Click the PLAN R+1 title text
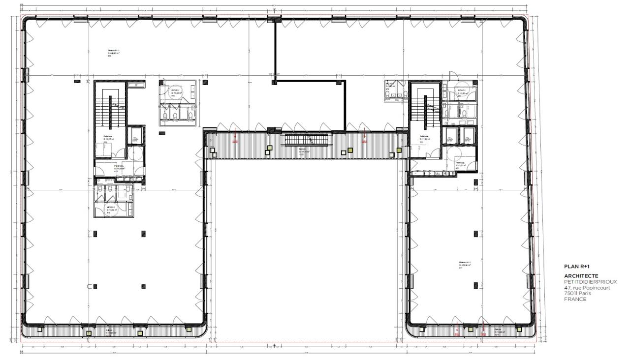(574, 266)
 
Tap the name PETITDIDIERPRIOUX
(589, 282)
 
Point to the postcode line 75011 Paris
(577, 293)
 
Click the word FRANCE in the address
(575, 299)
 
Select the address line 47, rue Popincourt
(587, 288)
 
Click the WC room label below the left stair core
(112, 210)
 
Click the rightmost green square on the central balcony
(350, 150)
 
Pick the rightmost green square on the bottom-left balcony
(188, 329)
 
